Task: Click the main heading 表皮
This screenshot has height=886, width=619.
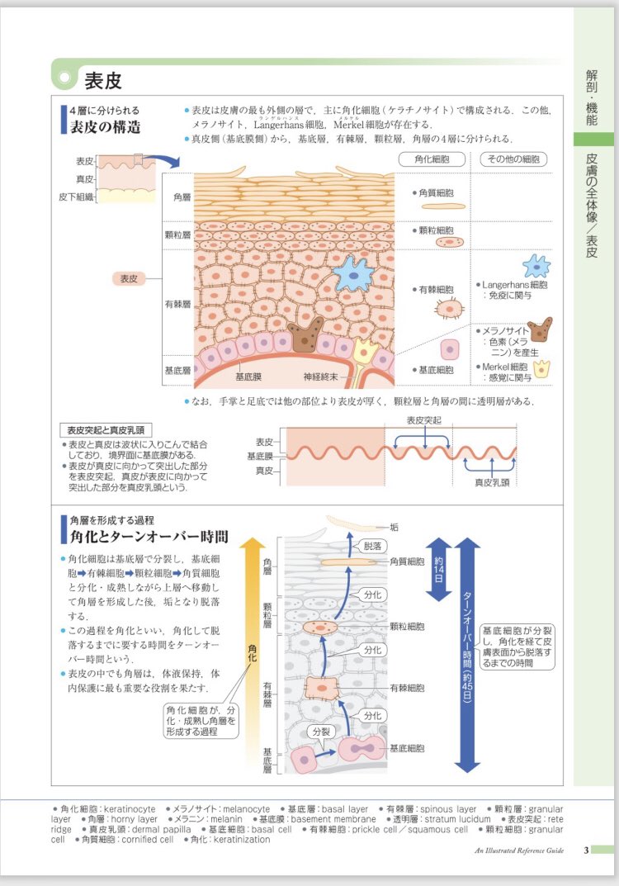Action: click(103, 80)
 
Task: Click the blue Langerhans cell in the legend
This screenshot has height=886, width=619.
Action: click(536, 266)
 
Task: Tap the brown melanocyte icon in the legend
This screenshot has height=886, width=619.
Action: click(541, 329)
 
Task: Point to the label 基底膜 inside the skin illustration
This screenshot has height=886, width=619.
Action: click(248, 377)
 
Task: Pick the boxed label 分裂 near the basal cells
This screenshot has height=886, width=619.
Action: click(319, 732)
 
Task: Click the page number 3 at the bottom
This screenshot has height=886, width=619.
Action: click(585, 850)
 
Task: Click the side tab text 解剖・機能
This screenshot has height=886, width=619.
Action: click(591, 97)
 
